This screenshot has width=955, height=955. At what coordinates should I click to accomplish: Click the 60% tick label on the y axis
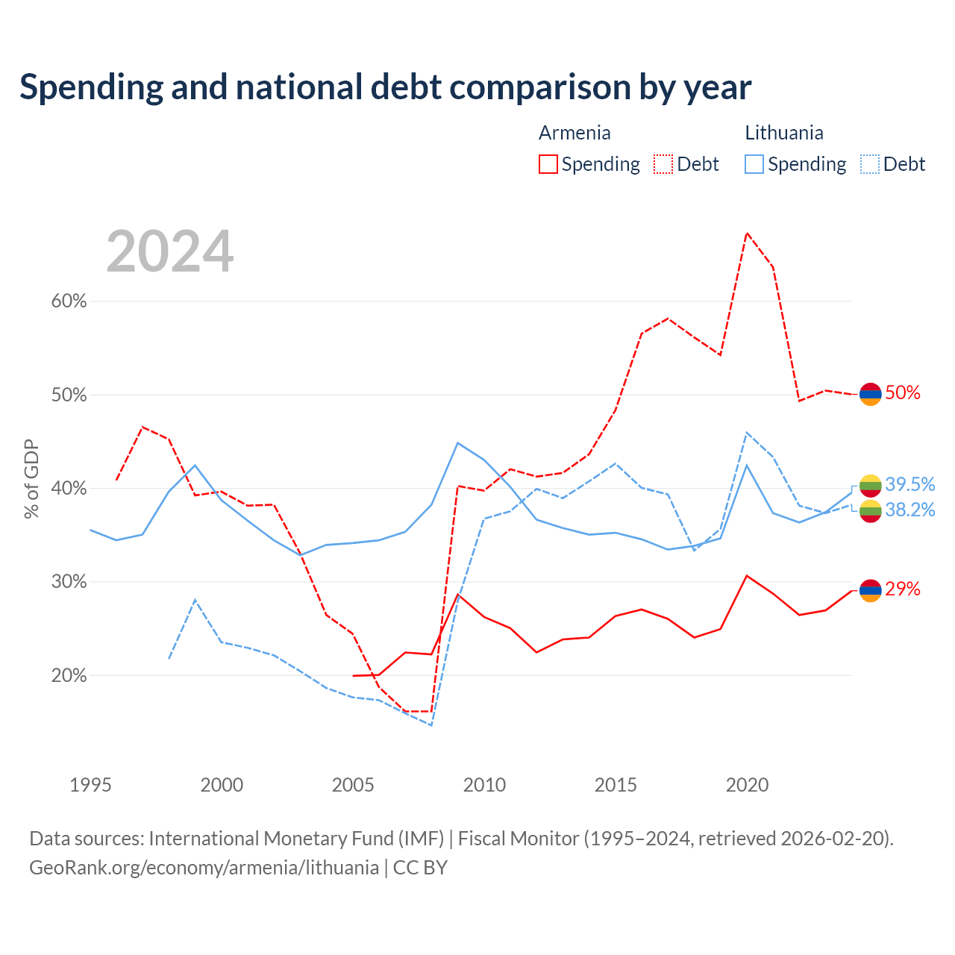pos(69,301)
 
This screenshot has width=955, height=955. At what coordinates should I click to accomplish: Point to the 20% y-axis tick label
pos(69,675)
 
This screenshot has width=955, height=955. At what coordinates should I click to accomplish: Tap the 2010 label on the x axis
pos(484,785)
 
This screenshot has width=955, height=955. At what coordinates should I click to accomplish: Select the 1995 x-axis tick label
pos(90,785)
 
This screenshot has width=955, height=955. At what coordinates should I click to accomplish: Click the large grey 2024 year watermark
pos(170,251)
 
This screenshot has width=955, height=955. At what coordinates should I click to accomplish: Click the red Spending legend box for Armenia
pos(548,164)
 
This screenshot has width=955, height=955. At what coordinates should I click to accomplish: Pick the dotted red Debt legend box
pos(663,164)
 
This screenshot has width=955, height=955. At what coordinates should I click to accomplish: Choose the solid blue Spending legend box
pos(754,164)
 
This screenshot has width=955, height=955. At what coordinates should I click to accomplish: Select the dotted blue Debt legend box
pos(869,164)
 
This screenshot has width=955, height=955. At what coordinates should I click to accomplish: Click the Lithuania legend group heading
pos(784,133)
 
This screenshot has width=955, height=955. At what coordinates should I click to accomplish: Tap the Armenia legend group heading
pos(574,133)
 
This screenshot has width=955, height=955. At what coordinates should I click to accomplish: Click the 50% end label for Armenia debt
pos(903,392)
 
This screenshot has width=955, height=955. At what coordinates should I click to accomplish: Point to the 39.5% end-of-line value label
pos(910,484)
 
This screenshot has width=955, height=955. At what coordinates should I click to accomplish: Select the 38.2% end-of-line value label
pos(910,510)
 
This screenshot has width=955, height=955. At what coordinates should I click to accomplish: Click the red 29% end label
pos(903,589)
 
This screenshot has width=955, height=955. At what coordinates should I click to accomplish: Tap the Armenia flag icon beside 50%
pos(870,394)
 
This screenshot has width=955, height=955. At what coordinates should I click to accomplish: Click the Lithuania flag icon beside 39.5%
pos(870,486)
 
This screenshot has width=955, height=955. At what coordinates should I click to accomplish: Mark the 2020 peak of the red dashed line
pos(747,233)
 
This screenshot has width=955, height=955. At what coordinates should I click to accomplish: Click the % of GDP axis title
pos(31,479)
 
